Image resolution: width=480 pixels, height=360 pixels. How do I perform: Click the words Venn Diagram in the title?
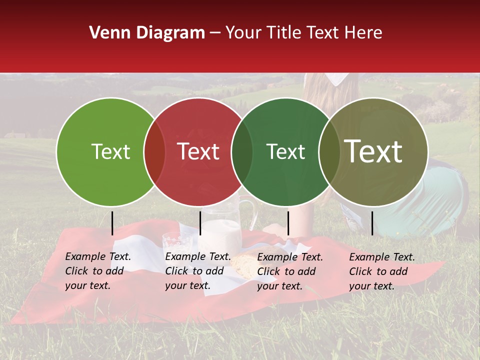coord(147,33)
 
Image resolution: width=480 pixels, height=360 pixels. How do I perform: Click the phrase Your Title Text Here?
coord(304,33)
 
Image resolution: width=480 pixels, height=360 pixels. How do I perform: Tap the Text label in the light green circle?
coord(110,151)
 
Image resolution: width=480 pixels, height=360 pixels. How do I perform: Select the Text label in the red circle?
coord(198,151)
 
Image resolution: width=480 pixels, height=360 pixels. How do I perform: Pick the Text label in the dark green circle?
coord(285,151)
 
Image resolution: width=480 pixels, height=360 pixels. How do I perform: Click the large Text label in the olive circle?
coord(373,151)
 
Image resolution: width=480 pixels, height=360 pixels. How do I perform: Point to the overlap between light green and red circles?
coord(154,152)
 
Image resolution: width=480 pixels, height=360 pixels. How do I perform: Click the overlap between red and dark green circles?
coord(242,152)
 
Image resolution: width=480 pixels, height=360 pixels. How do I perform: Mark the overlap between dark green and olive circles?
coord(329,152)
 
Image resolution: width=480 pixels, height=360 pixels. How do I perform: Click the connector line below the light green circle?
coord(112,223)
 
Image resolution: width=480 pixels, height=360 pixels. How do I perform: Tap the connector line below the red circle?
coord(200,223)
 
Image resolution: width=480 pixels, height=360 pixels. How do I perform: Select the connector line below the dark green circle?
coord(288,223)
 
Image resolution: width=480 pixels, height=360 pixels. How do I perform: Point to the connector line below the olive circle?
coord(372,223)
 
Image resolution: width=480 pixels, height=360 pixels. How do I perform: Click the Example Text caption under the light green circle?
coord(97,271)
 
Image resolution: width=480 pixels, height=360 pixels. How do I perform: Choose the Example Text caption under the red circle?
coord(197,271)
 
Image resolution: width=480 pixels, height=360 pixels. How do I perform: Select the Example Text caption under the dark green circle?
coord(289,271)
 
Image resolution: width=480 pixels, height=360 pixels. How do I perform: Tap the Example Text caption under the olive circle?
coord(381,271)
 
